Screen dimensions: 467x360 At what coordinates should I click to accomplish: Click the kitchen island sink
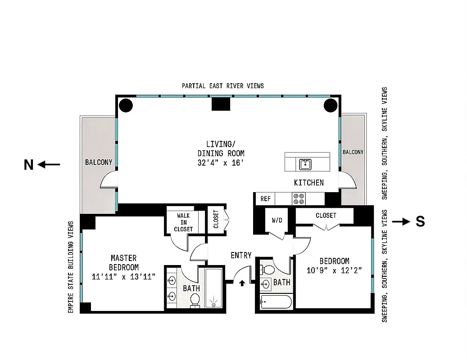[x=305, y=164]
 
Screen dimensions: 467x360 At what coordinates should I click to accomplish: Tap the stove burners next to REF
[x=299, y=199]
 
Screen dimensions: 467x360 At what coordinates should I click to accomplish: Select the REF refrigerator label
[x=265, y=199]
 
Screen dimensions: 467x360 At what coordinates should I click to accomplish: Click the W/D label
[x=277, y=220]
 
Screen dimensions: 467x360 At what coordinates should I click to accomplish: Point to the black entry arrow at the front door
[x=242, y=283]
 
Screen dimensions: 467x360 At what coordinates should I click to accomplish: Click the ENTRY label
[x=241, y=255]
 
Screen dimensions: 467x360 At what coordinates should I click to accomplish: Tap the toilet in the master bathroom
[x=195, y=301]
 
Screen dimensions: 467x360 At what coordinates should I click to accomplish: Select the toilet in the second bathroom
[x=268, y=270]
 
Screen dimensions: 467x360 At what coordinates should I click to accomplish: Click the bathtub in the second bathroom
[x=276, y=301]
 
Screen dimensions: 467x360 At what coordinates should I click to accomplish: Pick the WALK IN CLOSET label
[x=183, y=222]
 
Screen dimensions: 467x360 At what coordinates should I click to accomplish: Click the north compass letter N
[x=28, y=165]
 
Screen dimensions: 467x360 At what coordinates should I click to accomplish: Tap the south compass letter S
[x=420, y=222]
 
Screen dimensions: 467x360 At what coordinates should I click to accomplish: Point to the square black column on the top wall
[x=221, y=104]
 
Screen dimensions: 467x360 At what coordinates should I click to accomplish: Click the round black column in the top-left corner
[x=126, y=105]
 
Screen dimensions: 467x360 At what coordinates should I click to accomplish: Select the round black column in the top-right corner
[x=331, y=105]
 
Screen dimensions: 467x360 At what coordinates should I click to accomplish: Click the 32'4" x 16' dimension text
[x=221, y=163]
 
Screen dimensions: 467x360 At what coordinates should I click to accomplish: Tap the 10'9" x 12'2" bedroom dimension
[x=334, y=270]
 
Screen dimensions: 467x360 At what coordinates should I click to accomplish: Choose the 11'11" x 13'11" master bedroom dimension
[x=123, y=277]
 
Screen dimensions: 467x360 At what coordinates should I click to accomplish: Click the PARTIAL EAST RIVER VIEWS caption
[x=223, y=86]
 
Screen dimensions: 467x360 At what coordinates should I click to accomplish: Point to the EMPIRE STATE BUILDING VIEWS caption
[x=71, y=267]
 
